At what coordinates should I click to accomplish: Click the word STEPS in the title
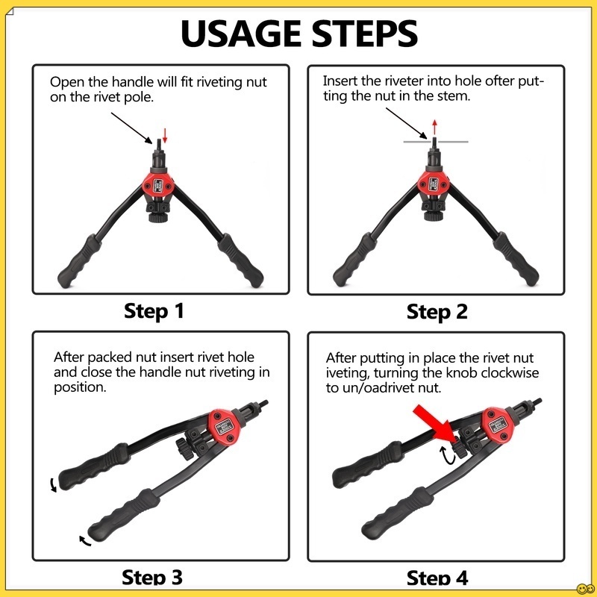(365, 33)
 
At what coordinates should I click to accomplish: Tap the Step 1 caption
(154, 310)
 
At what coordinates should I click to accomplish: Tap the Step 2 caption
(437, 312)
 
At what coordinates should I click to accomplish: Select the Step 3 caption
(152, 577)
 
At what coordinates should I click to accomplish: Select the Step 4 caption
(437, 578)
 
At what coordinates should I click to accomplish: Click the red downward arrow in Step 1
(165, 136)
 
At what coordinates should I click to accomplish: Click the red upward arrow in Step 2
(434, 128)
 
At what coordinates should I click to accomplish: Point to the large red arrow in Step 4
(434, 424)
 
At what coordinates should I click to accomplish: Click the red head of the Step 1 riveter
(158, 184)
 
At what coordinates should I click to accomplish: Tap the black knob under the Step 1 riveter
(158, 217)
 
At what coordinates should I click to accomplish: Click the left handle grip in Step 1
(79, 262)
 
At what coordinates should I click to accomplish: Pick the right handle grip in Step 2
(516, 259)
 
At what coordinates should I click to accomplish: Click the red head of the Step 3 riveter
(225, 427)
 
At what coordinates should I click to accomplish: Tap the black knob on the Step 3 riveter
(184, 448)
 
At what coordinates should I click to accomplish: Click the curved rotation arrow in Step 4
(447, 456)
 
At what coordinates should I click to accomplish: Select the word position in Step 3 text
(80, 387)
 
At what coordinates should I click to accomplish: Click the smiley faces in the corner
(586, 589)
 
